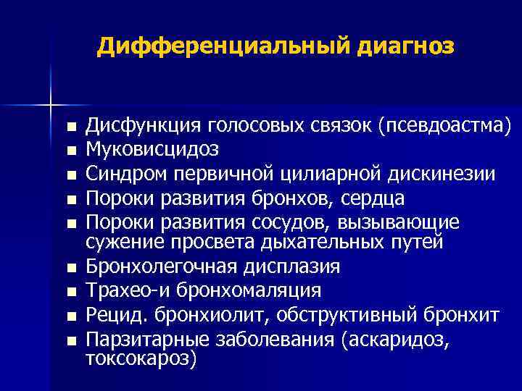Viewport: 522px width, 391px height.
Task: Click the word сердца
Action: coord(371,198)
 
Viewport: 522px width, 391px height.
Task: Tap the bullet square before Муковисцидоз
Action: coord(70,151)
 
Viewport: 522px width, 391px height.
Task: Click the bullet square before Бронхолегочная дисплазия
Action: coord(70,269)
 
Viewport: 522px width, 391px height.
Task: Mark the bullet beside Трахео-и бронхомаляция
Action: coord(70,293)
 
